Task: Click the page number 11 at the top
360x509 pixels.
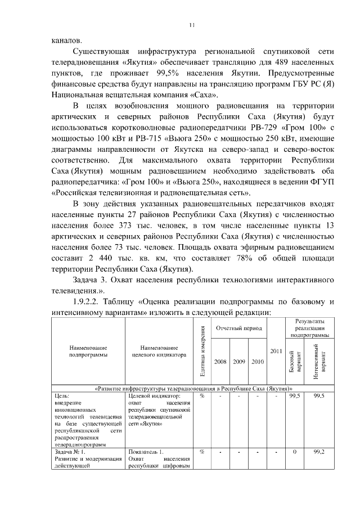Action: (x=191, y=25)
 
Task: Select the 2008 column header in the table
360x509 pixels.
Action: (x=220, y=362)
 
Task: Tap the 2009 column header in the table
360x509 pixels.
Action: (x=239, y=362)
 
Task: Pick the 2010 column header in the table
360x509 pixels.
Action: (x=258, y=362)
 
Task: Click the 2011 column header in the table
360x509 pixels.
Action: (x=276, y=351)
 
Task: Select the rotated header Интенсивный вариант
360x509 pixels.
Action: (x=319, y=362)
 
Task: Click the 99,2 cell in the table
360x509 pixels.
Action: (x=319, y=452)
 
